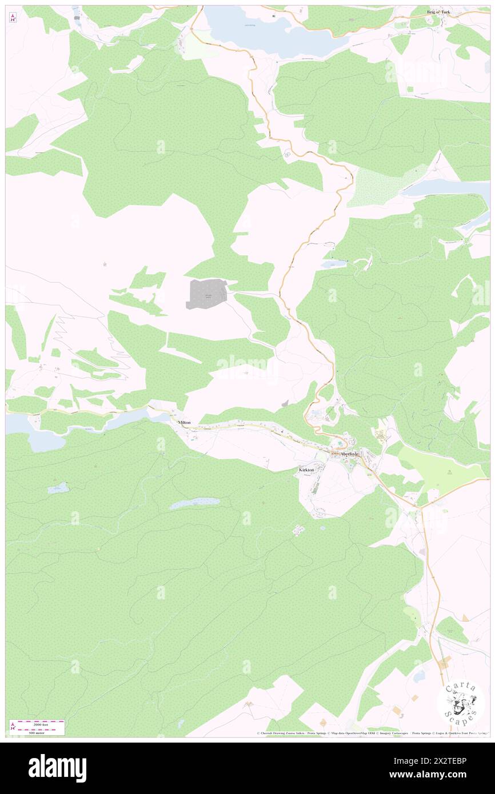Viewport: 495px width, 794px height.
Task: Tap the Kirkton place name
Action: click(x=306, y=470)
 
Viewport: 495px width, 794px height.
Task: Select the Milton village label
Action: click(x=184, y=422)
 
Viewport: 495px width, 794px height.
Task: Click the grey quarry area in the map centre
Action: click(x=206, y=294)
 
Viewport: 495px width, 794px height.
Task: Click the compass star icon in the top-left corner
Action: click(x=13, y=17)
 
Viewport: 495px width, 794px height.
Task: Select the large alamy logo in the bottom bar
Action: click(x=57, y=768)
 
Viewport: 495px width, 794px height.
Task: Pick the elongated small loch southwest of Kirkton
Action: click(x=194, y=503)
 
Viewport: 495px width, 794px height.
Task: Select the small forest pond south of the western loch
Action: click(x=59, y=488)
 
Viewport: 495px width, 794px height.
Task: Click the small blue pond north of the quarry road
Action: click(x=333, y=264)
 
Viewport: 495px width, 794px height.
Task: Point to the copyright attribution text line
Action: click(x=372, y=733)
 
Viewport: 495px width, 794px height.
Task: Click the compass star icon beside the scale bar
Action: click(x=13, y=727)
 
